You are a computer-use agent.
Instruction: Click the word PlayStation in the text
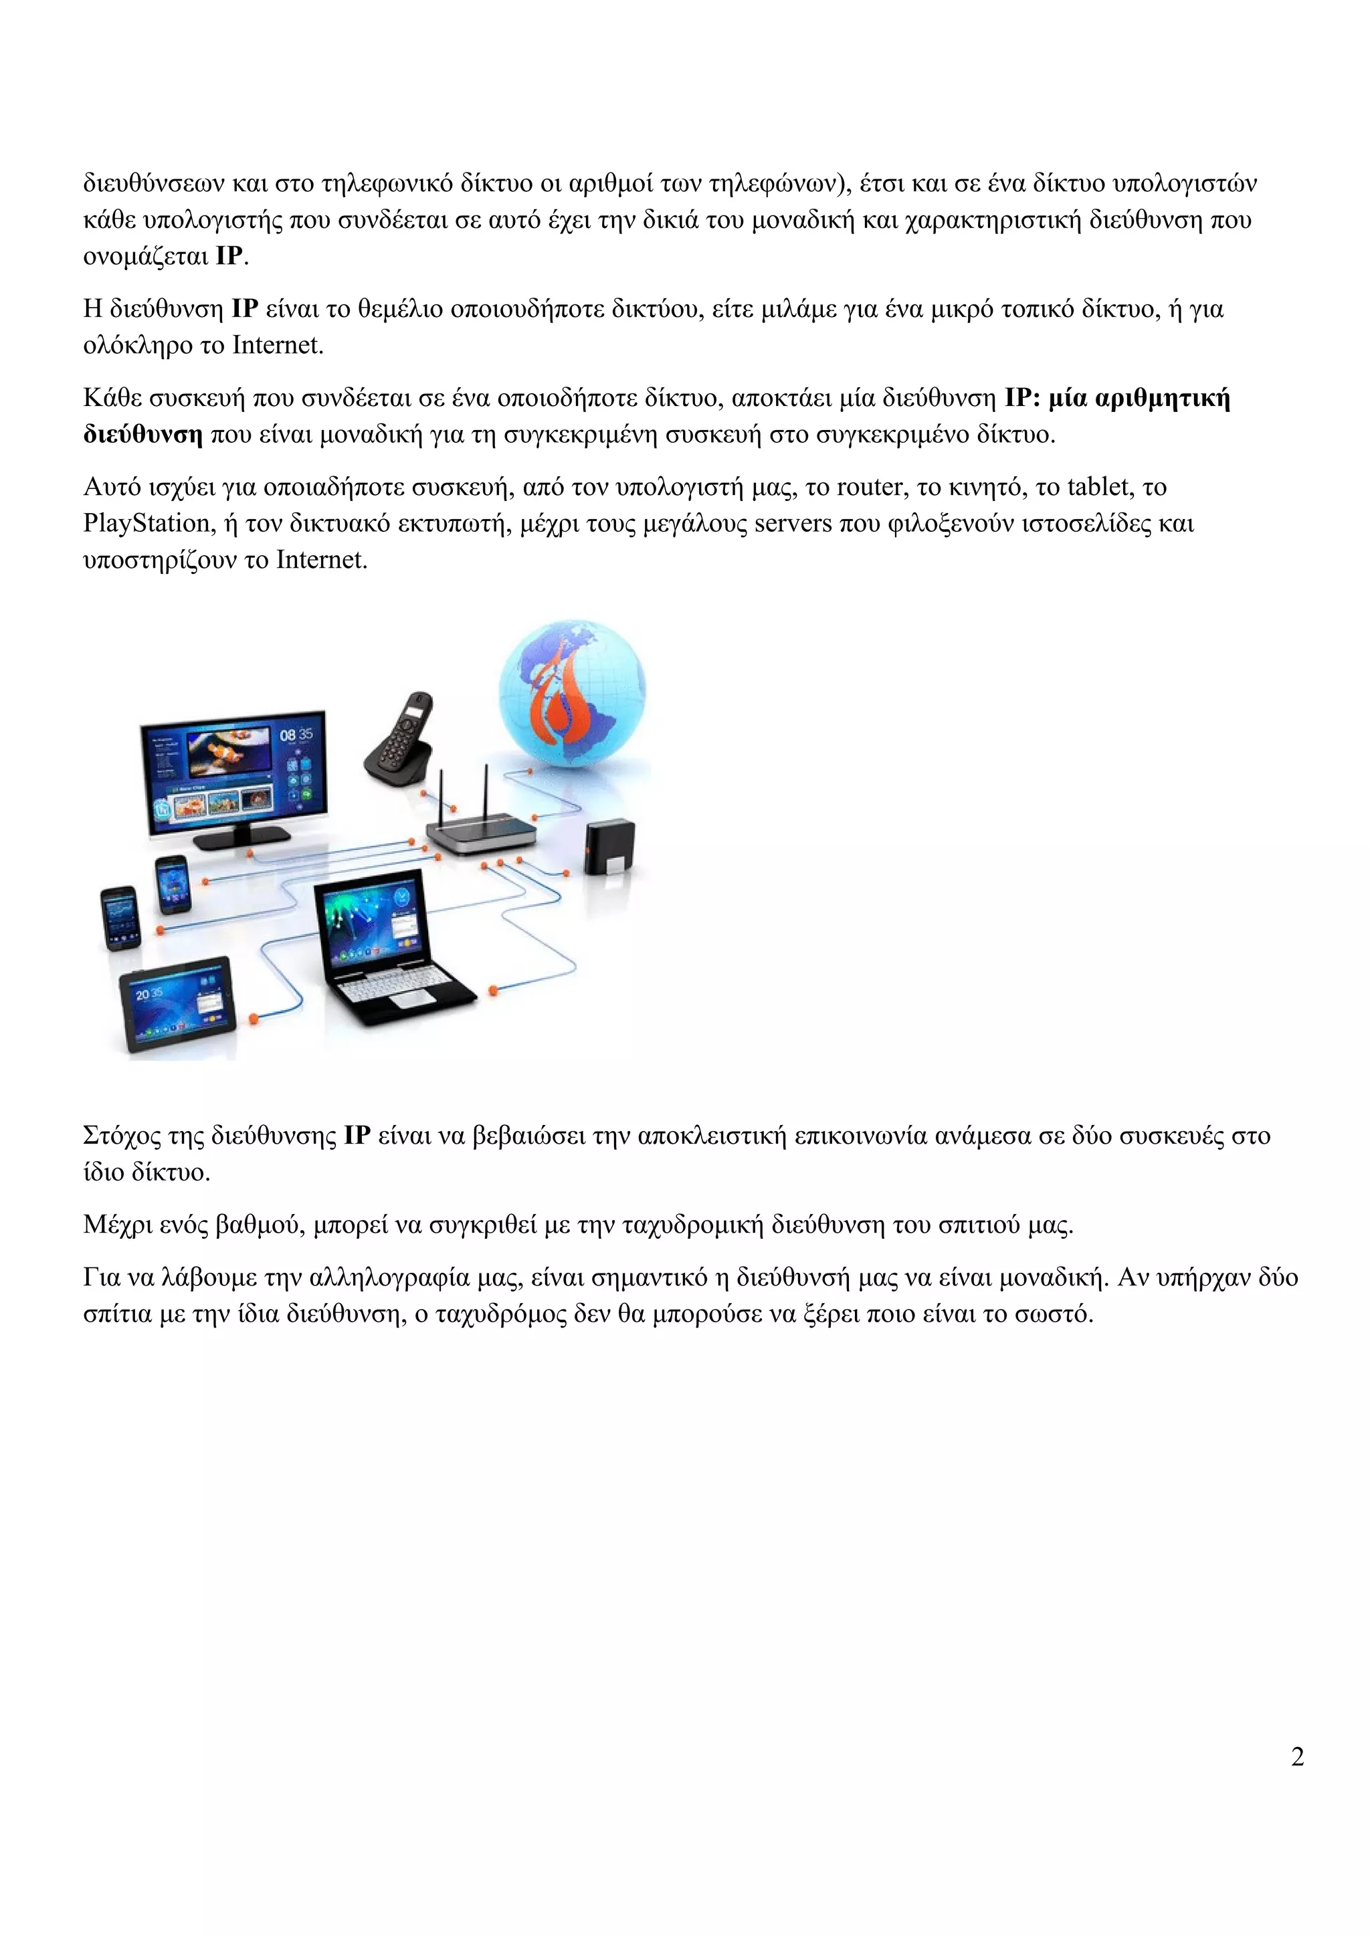coord(146,524)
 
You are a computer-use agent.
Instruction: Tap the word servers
coord(792,524)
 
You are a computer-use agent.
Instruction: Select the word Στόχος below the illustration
coord(122,1136)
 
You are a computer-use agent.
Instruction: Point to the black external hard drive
coord(610,846)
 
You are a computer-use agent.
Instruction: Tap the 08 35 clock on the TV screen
coord(296,735)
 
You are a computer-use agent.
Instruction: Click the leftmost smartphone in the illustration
coord(120,917)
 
